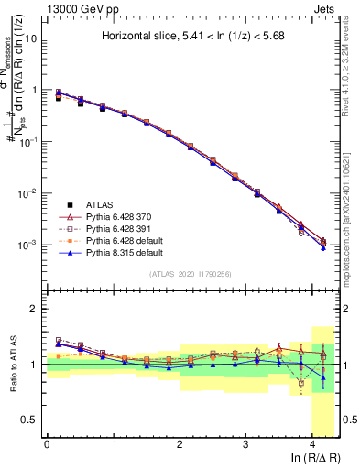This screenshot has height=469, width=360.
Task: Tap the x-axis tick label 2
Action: [x=180, y=444]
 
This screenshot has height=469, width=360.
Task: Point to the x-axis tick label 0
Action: [x=47, y=444]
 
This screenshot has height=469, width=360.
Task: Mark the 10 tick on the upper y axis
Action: [x=34, y=39]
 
